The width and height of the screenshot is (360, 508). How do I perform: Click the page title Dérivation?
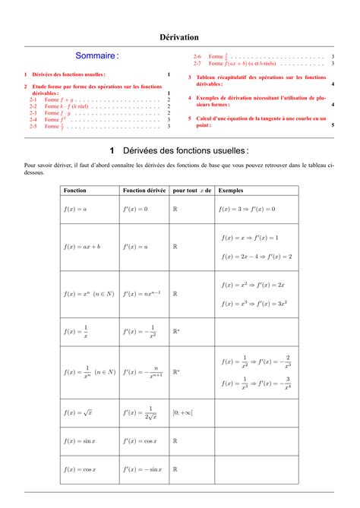click(x=179, y=36)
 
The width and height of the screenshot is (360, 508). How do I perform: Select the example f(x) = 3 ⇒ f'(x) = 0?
click(x=247, y=208)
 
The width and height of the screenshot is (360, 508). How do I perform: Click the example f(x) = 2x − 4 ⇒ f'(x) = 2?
click(x=256, y=256)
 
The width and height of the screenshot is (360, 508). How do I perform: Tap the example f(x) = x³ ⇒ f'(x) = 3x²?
click(x=253, y=303)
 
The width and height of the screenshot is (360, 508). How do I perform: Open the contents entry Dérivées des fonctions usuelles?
click(x=67, y=74)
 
